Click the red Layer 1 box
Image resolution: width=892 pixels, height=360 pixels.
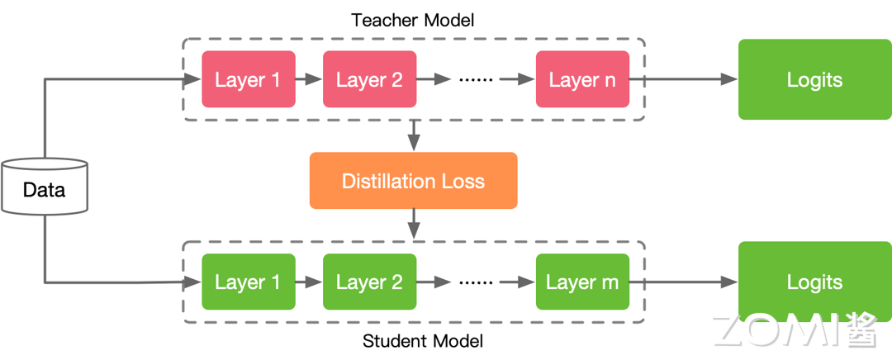[248, 79]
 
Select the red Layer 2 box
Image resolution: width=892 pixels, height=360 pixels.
[369, 79]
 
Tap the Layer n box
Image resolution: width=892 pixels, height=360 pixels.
[582, 79]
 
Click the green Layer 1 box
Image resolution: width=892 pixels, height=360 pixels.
[248, 282]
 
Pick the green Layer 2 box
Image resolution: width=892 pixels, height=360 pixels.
[369, 282]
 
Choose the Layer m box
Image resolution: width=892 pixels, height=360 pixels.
[582, 282]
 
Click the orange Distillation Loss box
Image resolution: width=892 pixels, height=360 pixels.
[413, 181]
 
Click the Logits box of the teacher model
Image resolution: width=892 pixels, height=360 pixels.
[814, 79]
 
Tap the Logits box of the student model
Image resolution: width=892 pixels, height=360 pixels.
[814, 282]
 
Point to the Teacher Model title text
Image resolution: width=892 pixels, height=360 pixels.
[413, 20]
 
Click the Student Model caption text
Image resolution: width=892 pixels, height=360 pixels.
[423, 341]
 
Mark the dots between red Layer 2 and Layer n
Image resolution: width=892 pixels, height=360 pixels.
[475, 80]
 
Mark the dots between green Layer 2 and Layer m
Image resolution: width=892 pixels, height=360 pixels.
[475, 282]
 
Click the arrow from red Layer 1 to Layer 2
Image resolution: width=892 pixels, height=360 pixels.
[309, 80]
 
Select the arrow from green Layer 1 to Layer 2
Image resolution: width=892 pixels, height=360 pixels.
[309, 282]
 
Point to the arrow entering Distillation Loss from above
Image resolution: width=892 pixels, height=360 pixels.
[414, 136]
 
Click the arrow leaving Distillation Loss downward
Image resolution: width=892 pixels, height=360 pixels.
[414, 223]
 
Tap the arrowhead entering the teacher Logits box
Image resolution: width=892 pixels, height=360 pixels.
[728, 79]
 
